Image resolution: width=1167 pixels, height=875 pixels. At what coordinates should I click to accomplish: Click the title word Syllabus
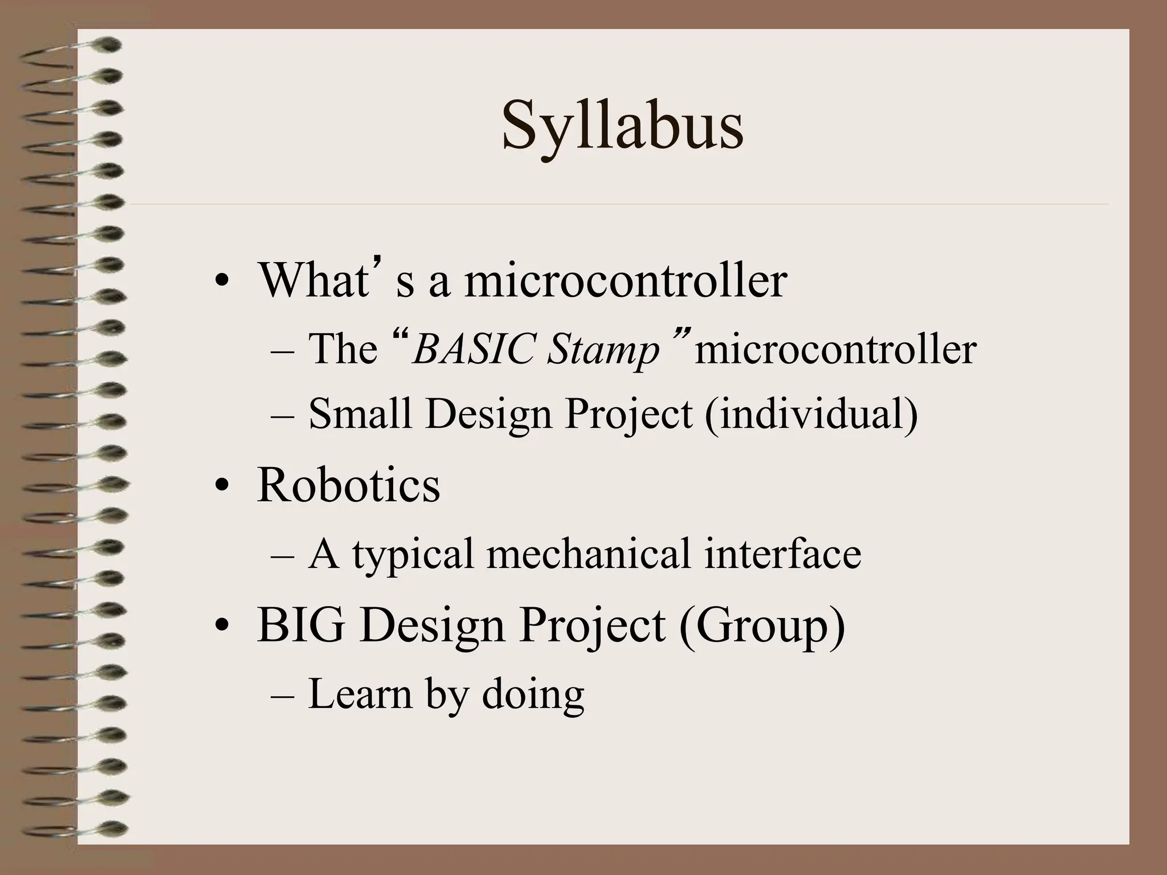622,126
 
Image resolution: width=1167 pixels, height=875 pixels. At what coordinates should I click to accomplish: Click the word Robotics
348,485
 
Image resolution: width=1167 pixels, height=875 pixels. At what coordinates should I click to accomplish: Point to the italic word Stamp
603,350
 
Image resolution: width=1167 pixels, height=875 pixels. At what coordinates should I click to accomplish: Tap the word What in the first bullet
313,280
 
